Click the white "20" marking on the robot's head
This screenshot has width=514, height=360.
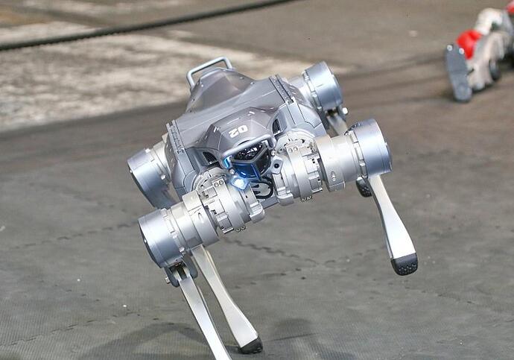[238, 131]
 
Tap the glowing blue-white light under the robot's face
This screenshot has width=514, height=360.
[238, 181]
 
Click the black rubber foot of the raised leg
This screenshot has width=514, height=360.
[404, 264]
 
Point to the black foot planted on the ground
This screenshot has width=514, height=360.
[252, 347]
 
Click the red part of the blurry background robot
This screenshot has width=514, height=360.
[468, 42]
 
